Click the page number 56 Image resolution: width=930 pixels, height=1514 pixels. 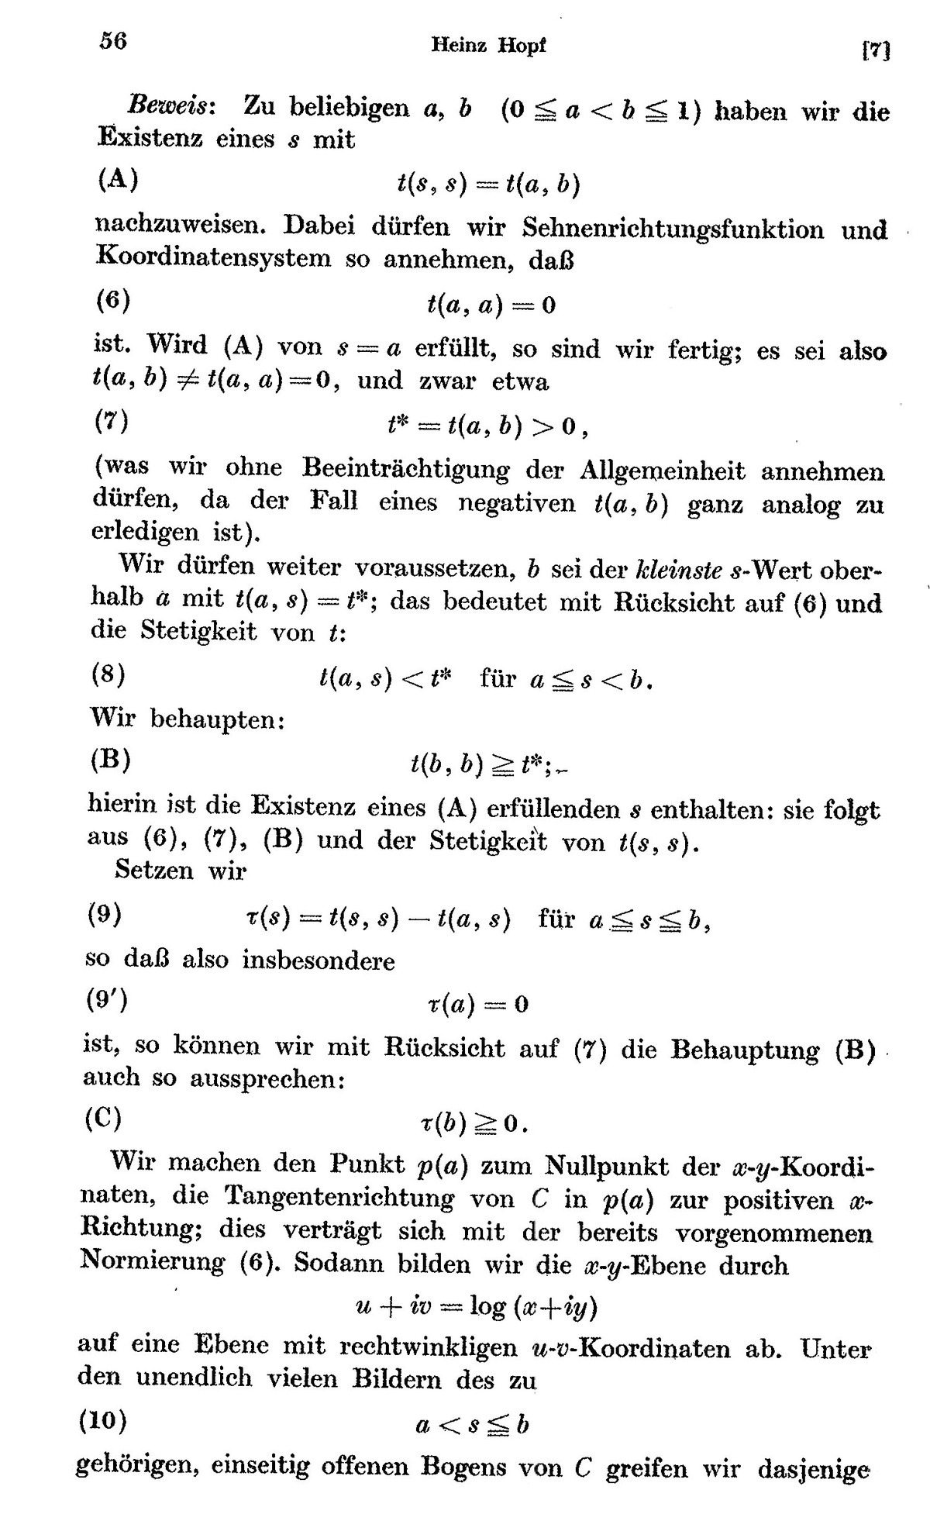pyautogui.click(x=112, y=40)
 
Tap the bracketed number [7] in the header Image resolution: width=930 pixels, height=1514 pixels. pyautogui.click(x=874, y=50)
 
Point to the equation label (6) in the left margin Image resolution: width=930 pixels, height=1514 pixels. pyautogui.click(x=112, y=302)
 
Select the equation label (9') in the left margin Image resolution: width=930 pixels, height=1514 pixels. pyautogui.click(x=107, y=1000)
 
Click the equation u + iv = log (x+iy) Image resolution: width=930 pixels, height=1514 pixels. pyautogui.click(x=475, y=1307)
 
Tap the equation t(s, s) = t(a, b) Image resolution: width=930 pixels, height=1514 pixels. pyautogui.click(x=488, y=185)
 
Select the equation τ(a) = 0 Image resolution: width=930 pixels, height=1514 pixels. pyautogui.click(x=477, y=1005)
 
